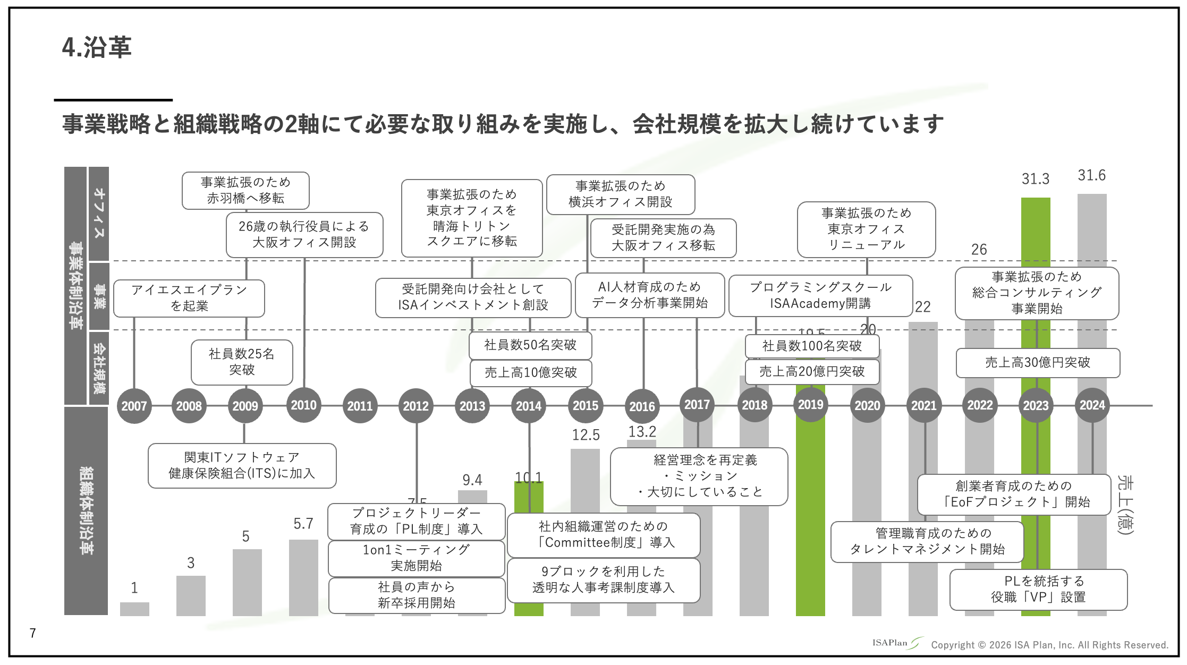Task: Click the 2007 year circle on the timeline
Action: [x=134, y=406]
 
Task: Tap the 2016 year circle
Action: [x=642, y=406]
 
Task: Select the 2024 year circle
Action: [x=1092, y=405]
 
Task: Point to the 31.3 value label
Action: [x=1035, y=179]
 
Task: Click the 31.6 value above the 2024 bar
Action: [x=1091, y=175]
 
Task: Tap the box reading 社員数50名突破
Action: [x=530, y=345]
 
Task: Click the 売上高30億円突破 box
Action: [x=1038, y=363]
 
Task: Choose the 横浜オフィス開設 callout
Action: [x=620, y=194]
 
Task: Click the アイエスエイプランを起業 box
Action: [x=189, y=298]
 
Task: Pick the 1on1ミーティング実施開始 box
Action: [x=416, y=558]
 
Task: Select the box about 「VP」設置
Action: [x=1038, y=589]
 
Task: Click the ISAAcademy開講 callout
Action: [x=820, y=295]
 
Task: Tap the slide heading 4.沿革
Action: [x=97, y=47]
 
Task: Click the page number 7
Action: [x=33, y=633]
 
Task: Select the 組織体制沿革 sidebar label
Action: [x=86, y=510]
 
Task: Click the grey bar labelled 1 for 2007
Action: [x=134, y=609]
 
